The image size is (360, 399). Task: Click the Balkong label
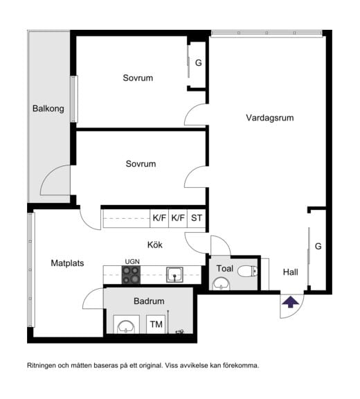[x=48, y=109]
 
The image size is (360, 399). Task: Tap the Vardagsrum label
[x=270, y=118]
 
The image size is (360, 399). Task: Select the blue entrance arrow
[x=291, y=302]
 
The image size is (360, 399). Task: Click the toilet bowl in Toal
[x=247, y=272]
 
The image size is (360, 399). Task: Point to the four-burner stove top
[x=131, y=275]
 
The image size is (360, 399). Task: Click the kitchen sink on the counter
[x=174, y=274]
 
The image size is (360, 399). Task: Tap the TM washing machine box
[x=156, y=324]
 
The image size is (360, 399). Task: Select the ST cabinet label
[x=197, y=218]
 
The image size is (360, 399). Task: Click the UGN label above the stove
[x=132, y=262]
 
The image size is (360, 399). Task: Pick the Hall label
[x=290, y=272]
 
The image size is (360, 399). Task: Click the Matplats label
[x=67, y=263]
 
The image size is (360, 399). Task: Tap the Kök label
[x=155, y=245]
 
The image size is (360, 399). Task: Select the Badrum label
[x=149, y=301]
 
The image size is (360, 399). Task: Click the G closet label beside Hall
[x=318, y=246]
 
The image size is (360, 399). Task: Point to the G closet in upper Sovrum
[x=198, y=62]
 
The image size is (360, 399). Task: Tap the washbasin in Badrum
[x=126, y=326]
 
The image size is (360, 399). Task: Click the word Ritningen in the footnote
[x=40, y=366]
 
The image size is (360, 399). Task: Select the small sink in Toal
[x=221, y=283]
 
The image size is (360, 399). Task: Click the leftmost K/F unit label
[x=159, y=218]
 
